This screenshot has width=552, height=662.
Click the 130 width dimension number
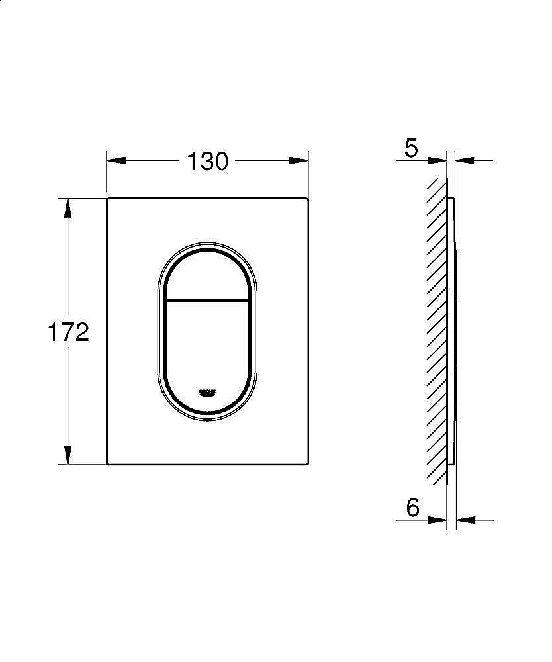(x=207, y=161)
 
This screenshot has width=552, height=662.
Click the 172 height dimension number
(x=68, y=332)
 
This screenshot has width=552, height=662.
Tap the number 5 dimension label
(x=411, y=148)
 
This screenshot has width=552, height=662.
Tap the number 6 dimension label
(x=412, y=508)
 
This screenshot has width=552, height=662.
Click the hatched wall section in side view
(x=436, y=331)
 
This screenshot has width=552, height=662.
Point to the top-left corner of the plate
(x=108, y=198)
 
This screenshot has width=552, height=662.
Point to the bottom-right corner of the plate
(x=307, y=463)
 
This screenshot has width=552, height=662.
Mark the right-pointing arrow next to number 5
(x=437, y=160)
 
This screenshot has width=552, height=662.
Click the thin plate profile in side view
(x=453, y=331)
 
